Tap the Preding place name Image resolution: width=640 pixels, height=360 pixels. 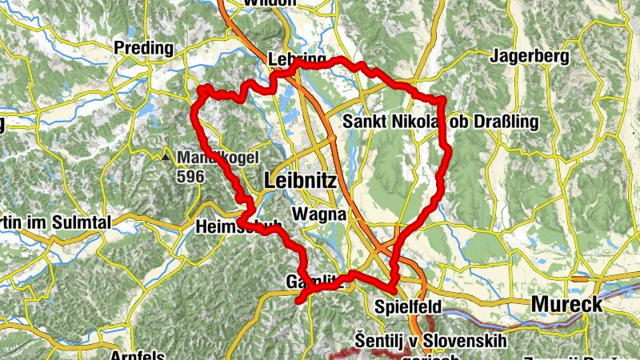[x=144, y=48]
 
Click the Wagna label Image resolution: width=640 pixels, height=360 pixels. [x=320, y=214]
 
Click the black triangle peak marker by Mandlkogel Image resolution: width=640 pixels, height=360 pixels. [x=166, y=157]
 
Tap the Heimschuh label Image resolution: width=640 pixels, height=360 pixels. [x=238, y=227]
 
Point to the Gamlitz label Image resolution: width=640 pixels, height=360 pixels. [x=314, y=282]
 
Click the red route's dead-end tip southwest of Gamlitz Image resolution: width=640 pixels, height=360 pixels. [x=298, y=302]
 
